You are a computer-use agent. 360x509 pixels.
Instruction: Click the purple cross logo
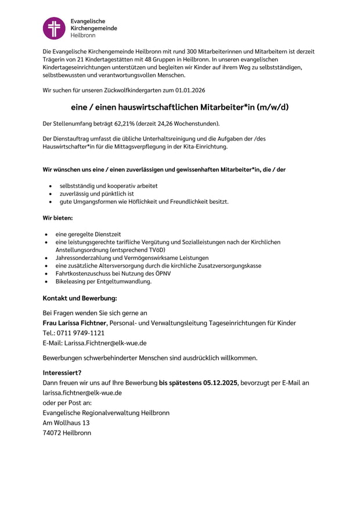55,28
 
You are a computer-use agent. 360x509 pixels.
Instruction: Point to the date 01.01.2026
190,91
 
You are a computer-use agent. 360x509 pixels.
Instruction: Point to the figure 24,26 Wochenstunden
190,124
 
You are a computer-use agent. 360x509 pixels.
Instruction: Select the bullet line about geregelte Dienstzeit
88,234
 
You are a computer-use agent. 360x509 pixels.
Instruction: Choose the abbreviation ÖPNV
162,273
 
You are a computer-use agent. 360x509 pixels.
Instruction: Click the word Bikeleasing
71,281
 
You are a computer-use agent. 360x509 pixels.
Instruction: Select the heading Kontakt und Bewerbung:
80,298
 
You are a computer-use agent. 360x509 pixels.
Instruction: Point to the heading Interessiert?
62,373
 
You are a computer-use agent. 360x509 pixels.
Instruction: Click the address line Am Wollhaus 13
66,423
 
